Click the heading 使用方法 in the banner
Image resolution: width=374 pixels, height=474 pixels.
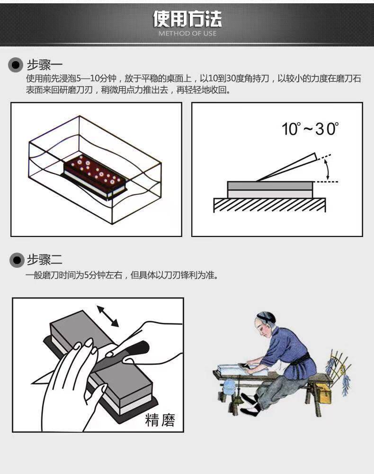tap(187, 19)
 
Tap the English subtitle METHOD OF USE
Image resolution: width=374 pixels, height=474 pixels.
tap(187, 34)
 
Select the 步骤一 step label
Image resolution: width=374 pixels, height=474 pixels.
tap(45, 64)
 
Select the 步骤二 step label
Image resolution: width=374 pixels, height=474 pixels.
tap(45, 260)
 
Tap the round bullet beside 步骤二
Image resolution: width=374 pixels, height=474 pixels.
tap(17, 260)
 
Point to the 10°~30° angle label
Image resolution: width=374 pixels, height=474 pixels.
tap(311, 128)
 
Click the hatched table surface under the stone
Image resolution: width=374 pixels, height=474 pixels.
tap(269, 205)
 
